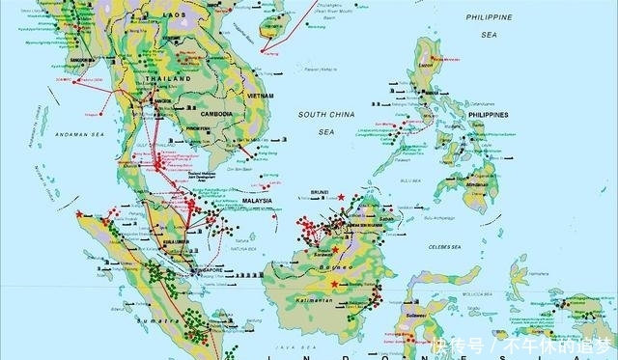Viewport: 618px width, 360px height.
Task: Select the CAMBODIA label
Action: click(219, 113)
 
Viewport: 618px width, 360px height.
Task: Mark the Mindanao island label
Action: click(474, 181)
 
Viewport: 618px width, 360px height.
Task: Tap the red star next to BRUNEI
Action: click(341, 197)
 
